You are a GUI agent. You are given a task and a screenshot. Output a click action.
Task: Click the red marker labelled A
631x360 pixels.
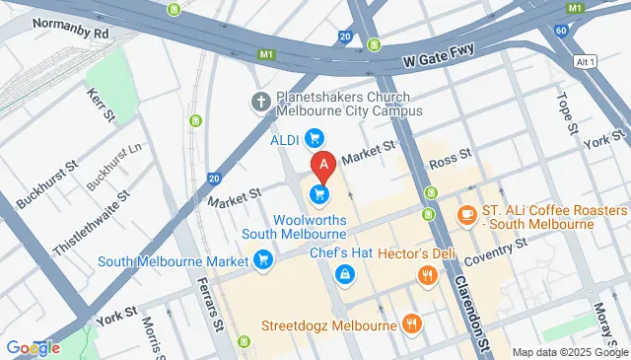click(321, 165)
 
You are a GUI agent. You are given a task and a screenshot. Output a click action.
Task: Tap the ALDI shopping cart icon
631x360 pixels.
click(315, 138)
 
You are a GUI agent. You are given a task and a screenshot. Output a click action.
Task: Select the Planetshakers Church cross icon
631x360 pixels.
click(261, 101)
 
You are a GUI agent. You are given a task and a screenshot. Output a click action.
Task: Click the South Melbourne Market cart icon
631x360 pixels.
click(262, 260)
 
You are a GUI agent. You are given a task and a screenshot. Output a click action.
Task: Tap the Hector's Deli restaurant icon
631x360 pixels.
click(427, 275)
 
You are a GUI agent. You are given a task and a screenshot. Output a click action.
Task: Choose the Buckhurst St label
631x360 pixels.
click(49, 185)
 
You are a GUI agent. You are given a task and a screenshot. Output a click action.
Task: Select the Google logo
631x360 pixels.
click(33, 347)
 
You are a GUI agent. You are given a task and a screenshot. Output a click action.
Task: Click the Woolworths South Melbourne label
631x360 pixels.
click(297, 226)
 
